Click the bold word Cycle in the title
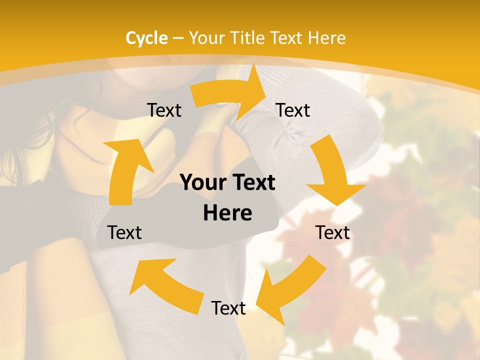(x=146, y=38)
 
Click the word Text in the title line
(x=287, y=38)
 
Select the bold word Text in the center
(x=253, y=183)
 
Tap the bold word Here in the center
(x=227, y=213)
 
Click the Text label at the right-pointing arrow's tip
(x=293, y=110)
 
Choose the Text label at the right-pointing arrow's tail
(x=164, y=110)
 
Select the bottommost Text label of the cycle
(x=228, y=308)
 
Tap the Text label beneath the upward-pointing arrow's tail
(x=124, y=232)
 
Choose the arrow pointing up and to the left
(x=165, y=285)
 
